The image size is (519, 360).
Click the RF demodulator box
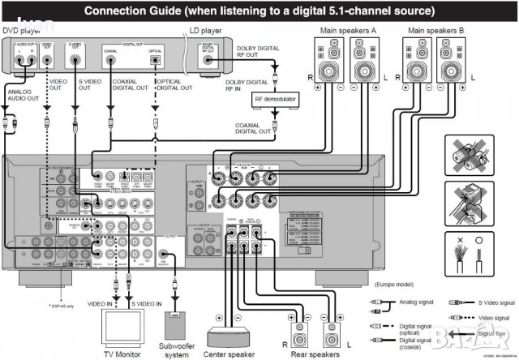coord(274,100)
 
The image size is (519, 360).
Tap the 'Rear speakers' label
coord(316,354)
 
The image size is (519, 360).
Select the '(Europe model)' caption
coord(394,285)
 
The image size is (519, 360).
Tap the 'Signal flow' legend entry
coord(491,332)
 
